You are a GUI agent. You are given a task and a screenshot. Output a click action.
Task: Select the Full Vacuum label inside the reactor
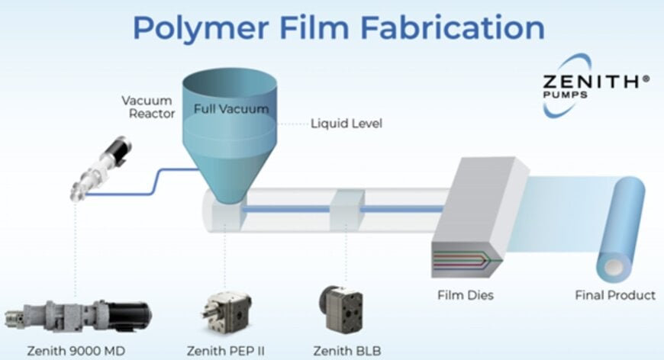pos(230,109)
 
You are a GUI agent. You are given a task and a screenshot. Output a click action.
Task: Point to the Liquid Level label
pos(346,123)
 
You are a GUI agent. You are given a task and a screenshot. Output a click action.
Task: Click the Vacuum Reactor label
pos(148,107)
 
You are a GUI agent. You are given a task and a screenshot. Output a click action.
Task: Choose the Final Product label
pos(614,294)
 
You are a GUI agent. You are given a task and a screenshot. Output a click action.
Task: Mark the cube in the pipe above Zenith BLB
pos(346,208)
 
